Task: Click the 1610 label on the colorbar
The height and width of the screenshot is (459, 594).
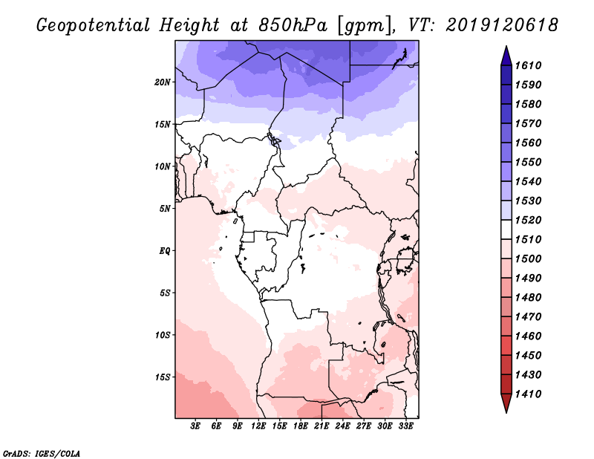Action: pyautogui.click(x=530, y=65)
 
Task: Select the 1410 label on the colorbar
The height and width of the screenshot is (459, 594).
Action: pyautogui.click(x=530, y=394)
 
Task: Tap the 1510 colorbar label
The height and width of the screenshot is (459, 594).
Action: pyautogui.click(x=530, y=239)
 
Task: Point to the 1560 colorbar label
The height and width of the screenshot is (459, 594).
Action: pyautogui.click(x=530, y=143)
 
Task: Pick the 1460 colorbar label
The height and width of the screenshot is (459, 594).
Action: pyautogui.click(x=530, y=336)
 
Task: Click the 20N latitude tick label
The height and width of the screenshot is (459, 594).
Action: pyautogui.click(x=163, y=82)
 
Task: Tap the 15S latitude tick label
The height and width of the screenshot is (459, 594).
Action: pyautogui.click(x=163, y=377)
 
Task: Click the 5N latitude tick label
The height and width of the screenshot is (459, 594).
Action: pyautogui.click(x=165, y=209)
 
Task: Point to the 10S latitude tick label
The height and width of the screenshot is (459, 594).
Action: pyautogui.click(x=163, y=335)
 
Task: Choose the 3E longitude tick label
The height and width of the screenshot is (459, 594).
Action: pyautogui.click(x=196, y=426)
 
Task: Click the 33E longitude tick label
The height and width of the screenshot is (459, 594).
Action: pyautogui.click(x=405, y=426)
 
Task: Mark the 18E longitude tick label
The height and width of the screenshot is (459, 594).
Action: pyautogui.click(x=301, y=426)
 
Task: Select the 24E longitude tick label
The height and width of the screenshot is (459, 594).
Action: pyautogui.click(x=342, y=426)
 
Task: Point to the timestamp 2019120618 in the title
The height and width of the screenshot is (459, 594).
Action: pyautogui.click(x=502, y=25)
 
